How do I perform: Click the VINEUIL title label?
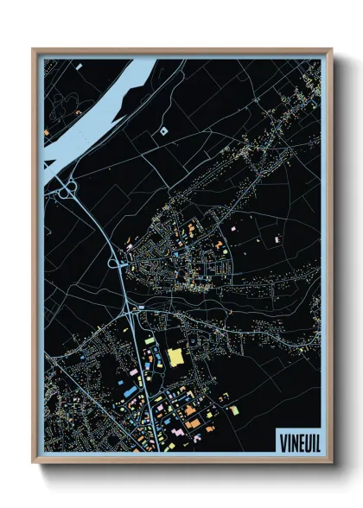tap(296, 441)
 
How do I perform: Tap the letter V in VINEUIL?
tap(282, 441)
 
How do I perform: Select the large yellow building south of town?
tap(176, 356)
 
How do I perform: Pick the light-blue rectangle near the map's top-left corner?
tap(78, 66)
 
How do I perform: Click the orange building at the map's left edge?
tap(47, 132)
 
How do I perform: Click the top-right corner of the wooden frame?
tap(331, 48)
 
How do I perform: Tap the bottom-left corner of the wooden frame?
tap(33, 463)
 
